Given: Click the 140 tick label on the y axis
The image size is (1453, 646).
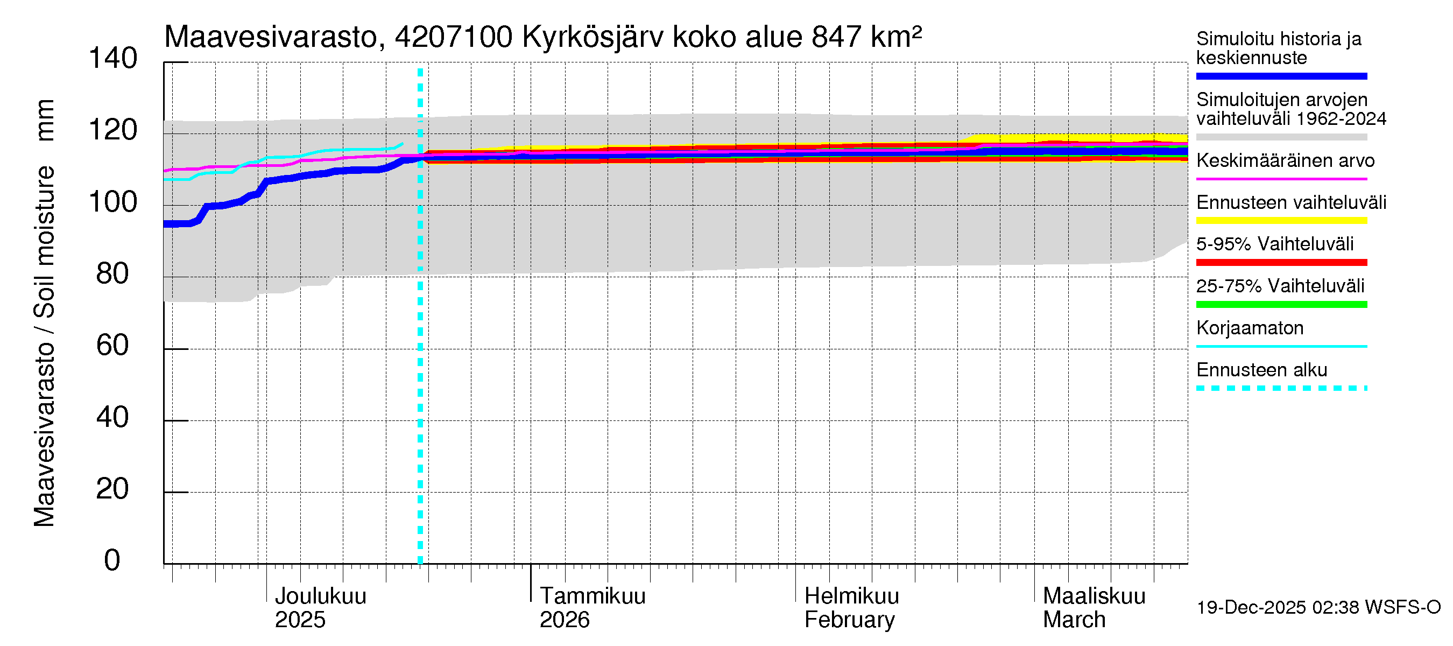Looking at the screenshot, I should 113,59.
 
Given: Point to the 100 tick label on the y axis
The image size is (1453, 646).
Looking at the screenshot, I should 113,202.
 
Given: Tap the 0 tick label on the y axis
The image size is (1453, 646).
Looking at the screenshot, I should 112,560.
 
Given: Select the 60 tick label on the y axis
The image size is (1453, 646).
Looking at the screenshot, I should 113,345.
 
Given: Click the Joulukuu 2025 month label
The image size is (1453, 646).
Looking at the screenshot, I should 320,608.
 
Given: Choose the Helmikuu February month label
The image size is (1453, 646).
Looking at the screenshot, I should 851,608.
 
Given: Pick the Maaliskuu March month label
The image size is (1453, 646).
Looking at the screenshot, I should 1094,608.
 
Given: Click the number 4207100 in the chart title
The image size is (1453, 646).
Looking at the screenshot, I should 454,37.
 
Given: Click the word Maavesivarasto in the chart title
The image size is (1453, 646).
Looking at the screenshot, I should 271,37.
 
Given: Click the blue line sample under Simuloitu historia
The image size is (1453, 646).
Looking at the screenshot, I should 1281,76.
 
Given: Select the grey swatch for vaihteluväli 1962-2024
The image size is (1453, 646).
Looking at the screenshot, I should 1281,137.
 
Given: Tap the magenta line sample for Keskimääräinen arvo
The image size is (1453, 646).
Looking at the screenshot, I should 1281,179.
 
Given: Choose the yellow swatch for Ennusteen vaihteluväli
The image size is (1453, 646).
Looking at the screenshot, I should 1281,221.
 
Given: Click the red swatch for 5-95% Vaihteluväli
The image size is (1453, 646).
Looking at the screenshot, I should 1281,262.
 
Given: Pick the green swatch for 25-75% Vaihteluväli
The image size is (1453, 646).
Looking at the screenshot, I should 1281,305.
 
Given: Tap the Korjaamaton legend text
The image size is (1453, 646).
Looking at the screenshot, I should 1250,328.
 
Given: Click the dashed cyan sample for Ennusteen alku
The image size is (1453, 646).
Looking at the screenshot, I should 1281,388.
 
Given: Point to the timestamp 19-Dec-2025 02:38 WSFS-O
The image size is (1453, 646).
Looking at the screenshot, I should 1318,607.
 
